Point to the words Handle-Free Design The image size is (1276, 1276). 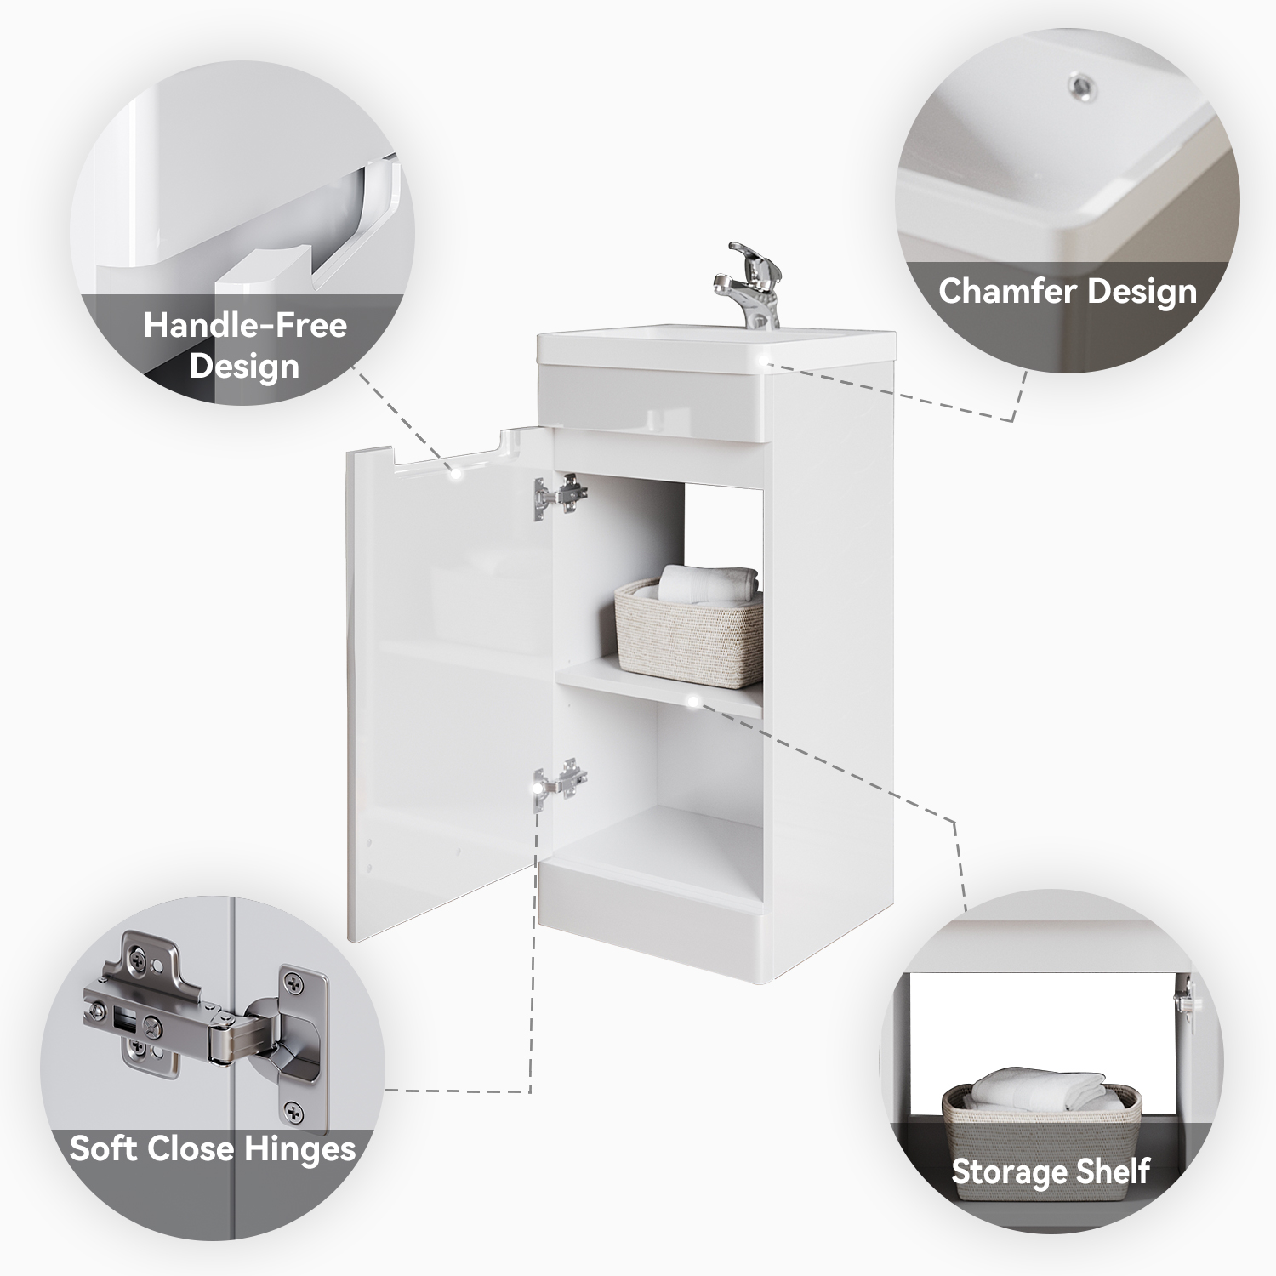(245, 345)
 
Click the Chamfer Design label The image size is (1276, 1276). (1068, 292)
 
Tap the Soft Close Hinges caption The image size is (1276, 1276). (213, 1148)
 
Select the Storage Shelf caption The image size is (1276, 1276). (1051, 1171)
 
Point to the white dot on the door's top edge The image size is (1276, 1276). (457, 473)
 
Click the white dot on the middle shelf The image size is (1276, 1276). (695, 702)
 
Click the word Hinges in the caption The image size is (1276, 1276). (300, 1150)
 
